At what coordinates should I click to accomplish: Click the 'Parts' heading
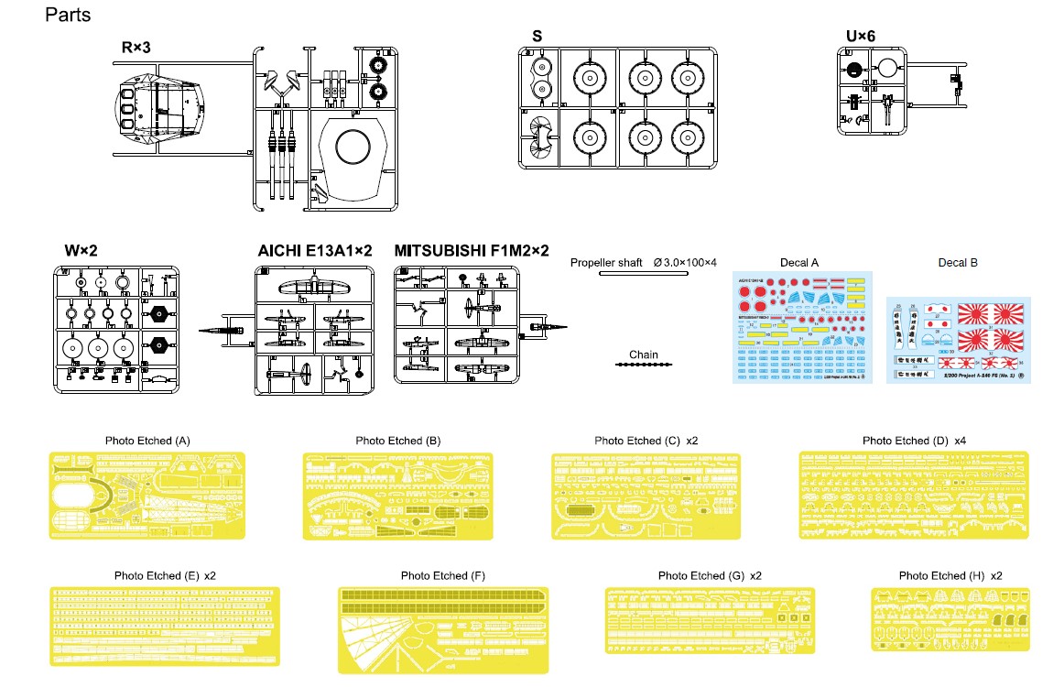click(68, 16)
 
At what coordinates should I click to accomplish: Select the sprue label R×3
click(136, 47)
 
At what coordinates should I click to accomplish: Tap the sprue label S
click(537, 37)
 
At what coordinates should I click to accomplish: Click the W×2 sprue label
click(82, 251)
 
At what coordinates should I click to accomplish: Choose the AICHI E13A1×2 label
click(315, 251)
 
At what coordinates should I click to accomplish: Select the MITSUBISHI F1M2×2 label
click(472, 251)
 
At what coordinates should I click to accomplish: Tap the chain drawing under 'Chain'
click(643, 365)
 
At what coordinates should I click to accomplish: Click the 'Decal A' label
click(799, 263)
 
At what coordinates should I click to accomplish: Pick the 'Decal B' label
click(958, 263)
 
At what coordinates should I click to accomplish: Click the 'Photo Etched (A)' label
click(147, 441)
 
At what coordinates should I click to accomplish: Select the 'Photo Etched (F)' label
click(442, 575)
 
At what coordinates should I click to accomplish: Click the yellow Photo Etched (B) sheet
click(397, 494)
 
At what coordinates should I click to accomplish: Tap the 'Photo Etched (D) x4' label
click(914, 441)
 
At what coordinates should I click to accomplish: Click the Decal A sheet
click(802, 328)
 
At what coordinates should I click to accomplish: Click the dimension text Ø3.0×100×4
click(687, 263)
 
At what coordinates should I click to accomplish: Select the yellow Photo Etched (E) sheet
click(165, 627)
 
